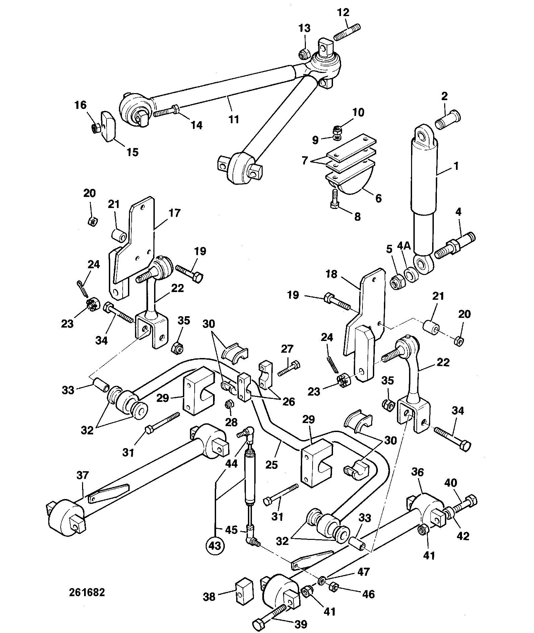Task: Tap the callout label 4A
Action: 404,246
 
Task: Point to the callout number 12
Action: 343,12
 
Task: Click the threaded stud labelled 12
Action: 347,32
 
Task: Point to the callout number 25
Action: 272,465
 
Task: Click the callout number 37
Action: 83,475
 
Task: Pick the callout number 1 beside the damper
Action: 456,166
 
